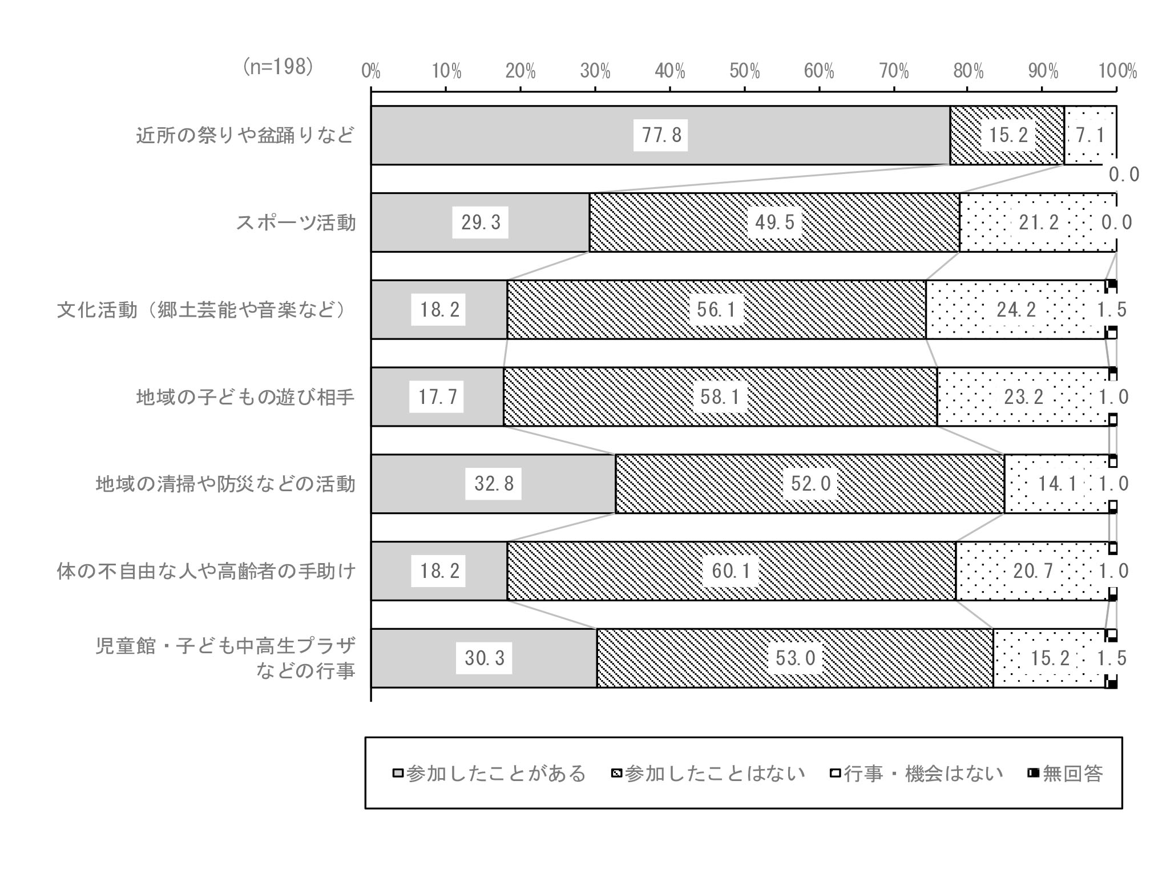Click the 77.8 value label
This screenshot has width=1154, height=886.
coord(661,135)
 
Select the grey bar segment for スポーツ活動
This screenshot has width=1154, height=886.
coord(480,222)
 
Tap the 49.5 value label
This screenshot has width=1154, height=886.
coord(774,222)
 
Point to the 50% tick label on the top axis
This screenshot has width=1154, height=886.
coord(745,71)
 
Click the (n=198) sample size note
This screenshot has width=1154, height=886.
coord(279,67)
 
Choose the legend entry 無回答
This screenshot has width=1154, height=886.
coord(1065,774)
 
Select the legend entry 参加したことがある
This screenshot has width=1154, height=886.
coord(490,774)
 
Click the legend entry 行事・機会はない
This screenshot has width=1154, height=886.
coord(916,774)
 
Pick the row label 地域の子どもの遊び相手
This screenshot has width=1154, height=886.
coord(245,397)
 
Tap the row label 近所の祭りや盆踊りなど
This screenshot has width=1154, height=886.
coord(245,135)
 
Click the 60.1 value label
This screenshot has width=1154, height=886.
coord(731,571)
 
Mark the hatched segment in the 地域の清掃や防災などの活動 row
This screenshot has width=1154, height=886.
coord(810,484)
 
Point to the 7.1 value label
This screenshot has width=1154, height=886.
coord(1090,135)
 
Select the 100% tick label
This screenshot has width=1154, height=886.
coord(1117,71)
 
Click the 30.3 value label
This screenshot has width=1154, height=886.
coord(484,658)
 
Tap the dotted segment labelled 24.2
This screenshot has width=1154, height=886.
coord(1016,310)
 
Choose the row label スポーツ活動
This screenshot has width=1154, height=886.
coord(296,222)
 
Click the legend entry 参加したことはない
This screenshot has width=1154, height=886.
coord(708,774)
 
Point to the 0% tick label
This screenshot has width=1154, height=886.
coord(371,71)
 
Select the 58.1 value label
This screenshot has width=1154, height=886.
coord(720,397)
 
